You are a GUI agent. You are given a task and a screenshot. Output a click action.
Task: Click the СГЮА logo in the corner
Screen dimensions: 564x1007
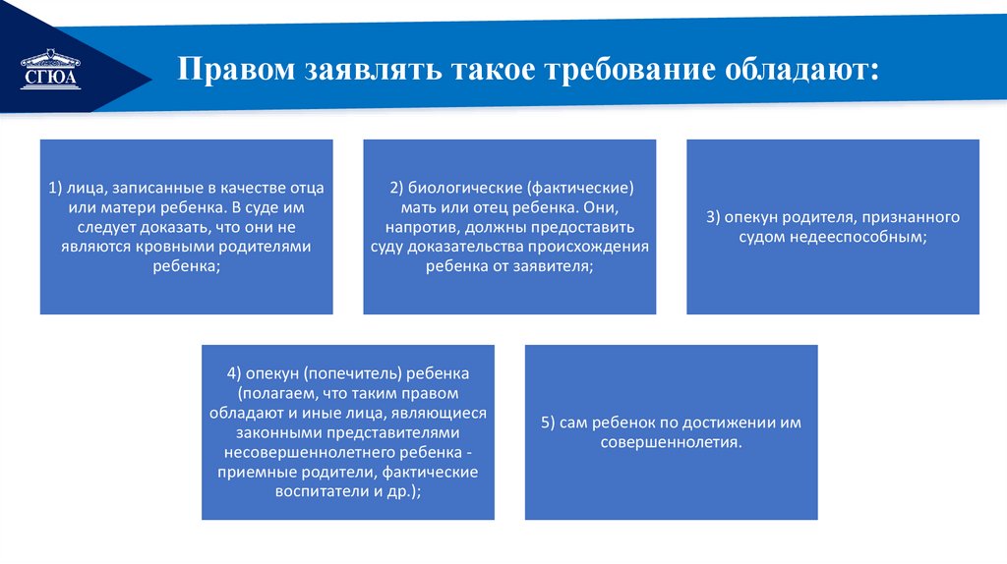click(x=48, y=69)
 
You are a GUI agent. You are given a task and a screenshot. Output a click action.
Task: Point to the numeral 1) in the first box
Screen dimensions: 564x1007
click(x=55, y=187)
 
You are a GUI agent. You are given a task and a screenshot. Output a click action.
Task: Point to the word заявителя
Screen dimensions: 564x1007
click(x=552, y=265)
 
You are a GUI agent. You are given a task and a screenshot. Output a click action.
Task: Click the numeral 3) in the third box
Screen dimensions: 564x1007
click(x=715, y=216)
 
